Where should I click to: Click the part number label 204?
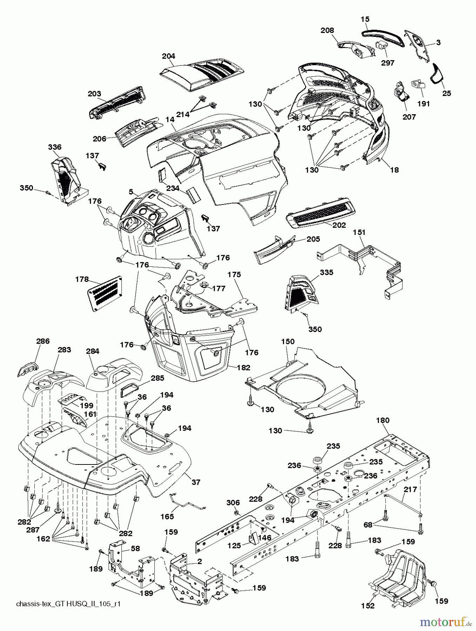click(x=168, y=56)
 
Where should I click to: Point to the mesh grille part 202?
click(x=321, y=211)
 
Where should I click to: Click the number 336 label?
click(x=54, y=147)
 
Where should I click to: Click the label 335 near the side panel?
click(x=327, y=272)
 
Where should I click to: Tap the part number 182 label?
click(x=243, y=367)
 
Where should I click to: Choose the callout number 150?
click(x=288, y=341)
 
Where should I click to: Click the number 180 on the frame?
click(x=383, y=420)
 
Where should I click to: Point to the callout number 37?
click(x=196, y=482)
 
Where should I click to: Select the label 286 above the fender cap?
click(x=43, y=341)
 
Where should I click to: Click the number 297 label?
click(x=387, y=63)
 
